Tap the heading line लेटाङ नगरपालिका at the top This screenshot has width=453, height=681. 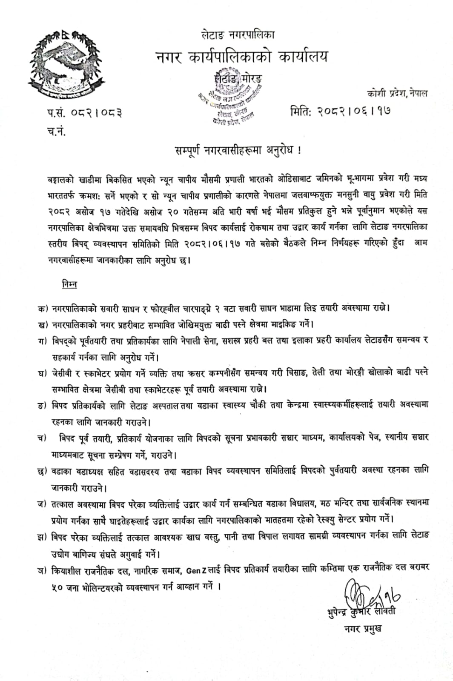pyautogui.click(x=238, y=34)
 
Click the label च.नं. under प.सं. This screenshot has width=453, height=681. pyautogui.click(x=56, y=131)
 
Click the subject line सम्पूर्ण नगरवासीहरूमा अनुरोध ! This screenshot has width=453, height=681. pyautogui.click(x=238, y=151)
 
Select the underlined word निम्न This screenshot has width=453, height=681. pyautogui.click(x=69, y=284)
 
